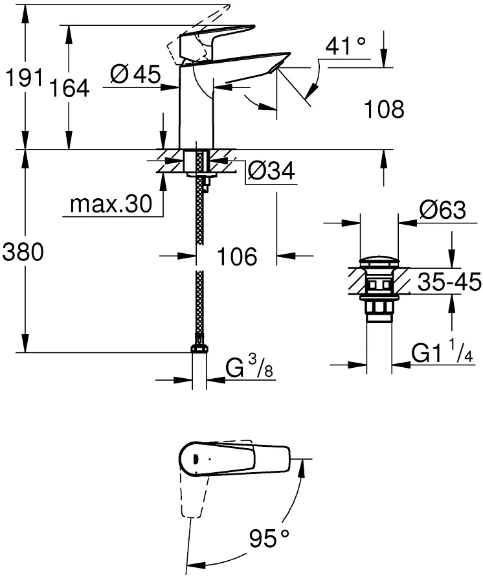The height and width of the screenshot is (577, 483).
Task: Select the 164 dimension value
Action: point(69,88)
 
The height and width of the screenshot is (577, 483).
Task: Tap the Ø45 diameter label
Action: point(135,74)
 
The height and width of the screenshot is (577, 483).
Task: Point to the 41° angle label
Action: point(346,45)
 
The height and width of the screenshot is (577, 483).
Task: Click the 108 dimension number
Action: point(384,109)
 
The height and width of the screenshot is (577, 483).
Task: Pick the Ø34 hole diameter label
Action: point(271,170)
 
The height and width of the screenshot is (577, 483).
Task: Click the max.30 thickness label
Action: point(111,203)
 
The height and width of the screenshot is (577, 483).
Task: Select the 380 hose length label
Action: point(23,253)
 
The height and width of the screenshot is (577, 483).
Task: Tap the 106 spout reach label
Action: point(237,256)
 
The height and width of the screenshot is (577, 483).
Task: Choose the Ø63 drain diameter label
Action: point(443,210)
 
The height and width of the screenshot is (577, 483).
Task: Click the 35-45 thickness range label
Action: point(449,282)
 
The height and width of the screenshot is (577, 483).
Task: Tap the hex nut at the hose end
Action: point(199,348)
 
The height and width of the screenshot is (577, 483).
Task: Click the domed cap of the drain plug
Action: point(379,262)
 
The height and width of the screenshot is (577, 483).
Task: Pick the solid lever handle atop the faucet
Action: point(216,41)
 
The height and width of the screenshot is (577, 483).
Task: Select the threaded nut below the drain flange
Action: point(379,306)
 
